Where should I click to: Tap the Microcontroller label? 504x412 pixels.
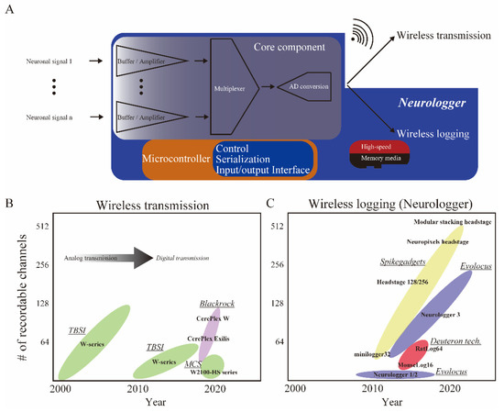coord(177,158)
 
